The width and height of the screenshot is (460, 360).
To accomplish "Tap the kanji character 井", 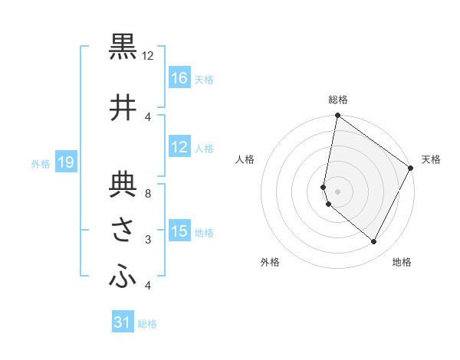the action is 123,108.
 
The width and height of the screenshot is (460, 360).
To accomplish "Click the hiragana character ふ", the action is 123,277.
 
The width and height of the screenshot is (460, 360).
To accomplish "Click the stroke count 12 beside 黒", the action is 148,56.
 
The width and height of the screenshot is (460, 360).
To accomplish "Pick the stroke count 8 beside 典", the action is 148,193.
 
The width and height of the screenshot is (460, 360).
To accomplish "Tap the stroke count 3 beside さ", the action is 148,241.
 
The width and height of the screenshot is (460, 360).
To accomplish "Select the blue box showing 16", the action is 179,78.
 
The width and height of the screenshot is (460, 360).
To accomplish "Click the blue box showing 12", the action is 179,147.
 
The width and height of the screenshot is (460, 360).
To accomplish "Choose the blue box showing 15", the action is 179,231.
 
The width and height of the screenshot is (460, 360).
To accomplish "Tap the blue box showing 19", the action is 65,162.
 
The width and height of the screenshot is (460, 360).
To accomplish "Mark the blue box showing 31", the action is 123,322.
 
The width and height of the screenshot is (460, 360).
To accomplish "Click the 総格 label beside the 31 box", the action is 147,324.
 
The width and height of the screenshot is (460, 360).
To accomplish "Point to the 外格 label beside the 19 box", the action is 41,163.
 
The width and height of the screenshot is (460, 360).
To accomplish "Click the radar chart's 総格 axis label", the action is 338,100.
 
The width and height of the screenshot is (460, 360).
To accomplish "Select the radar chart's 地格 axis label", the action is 402,262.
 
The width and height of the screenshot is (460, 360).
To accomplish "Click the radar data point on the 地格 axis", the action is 374,242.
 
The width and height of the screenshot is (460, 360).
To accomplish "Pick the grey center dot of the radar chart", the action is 337,191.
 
